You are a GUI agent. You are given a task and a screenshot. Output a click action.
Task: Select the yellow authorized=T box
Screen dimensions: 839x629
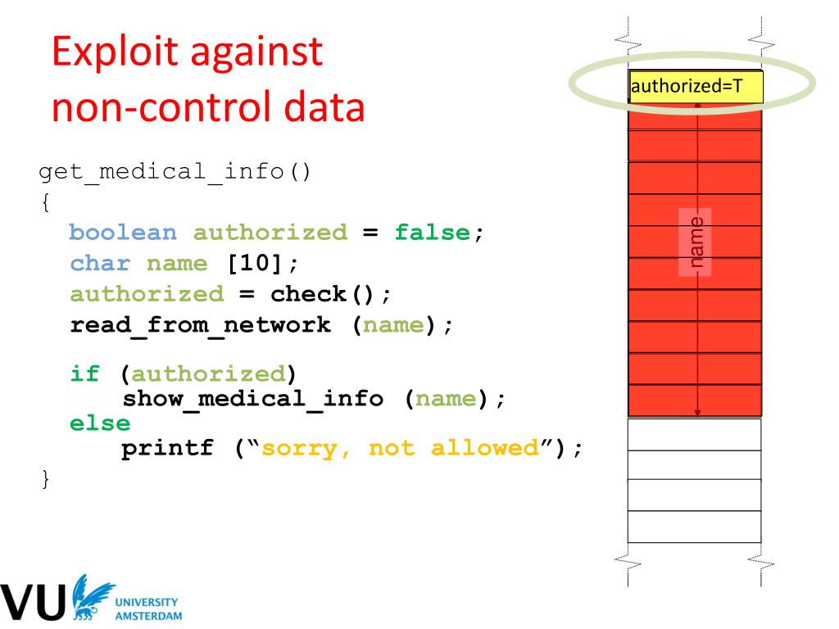coord(696,86)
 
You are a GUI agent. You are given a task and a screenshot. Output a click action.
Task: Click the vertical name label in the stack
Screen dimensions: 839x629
coord(696,242)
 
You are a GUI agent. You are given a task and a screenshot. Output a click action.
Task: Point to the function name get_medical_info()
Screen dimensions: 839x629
coord(175,174)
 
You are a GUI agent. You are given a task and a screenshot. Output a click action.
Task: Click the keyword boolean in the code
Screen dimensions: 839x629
coord(123,233)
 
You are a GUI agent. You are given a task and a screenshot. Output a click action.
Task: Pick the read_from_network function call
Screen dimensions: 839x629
coord(200,325)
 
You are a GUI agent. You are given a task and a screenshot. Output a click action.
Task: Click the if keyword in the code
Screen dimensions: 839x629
coord(85,374)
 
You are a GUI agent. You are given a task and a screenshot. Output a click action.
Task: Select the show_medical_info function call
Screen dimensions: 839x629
coord(252,400)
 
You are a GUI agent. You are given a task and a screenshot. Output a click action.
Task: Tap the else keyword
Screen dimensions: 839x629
coord(100,423)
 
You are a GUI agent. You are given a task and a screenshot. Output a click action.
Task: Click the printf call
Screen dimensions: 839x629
coord(167,449)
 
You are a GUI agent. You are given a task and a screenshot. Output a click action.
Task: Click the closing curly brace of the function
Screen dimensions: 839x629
coord(45,479)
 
